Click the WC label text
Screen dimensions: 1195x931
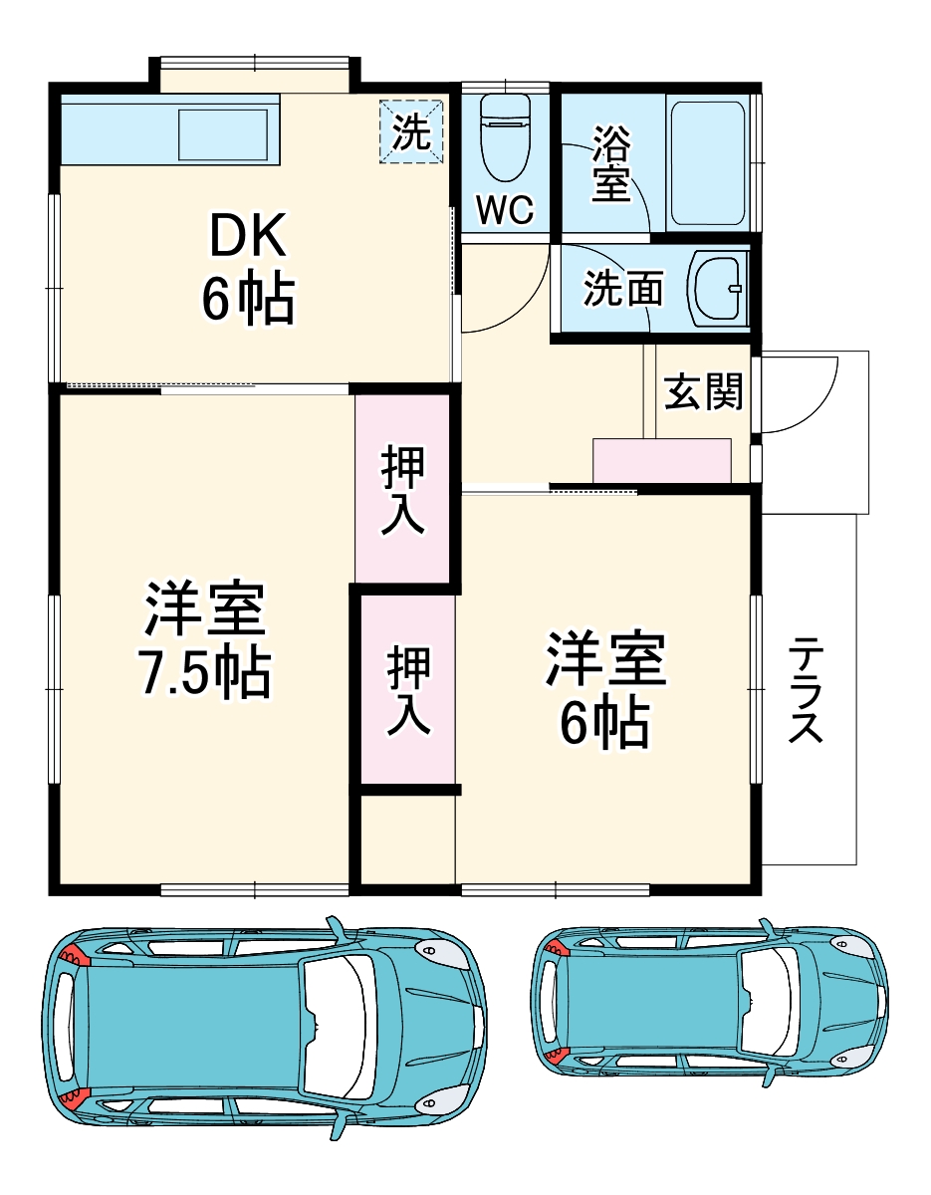(x=505, y=210)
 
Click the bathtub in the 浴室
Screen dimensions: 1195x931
(x=706, y=163)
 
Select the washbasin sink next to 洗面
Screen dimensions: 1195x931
(x=718, y=289)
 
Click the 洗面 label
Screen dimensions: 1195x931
(x=623, y=290)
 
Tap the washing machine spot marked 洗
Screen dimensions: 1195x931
(x=411, y=131)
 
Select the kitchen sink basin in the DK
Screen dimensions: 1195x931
(x=223, y=134)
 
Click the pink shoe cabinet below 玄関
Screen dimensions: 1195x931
(x=662, y=461)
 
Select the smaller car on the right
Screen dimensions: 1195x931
(x=708, y=999)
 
